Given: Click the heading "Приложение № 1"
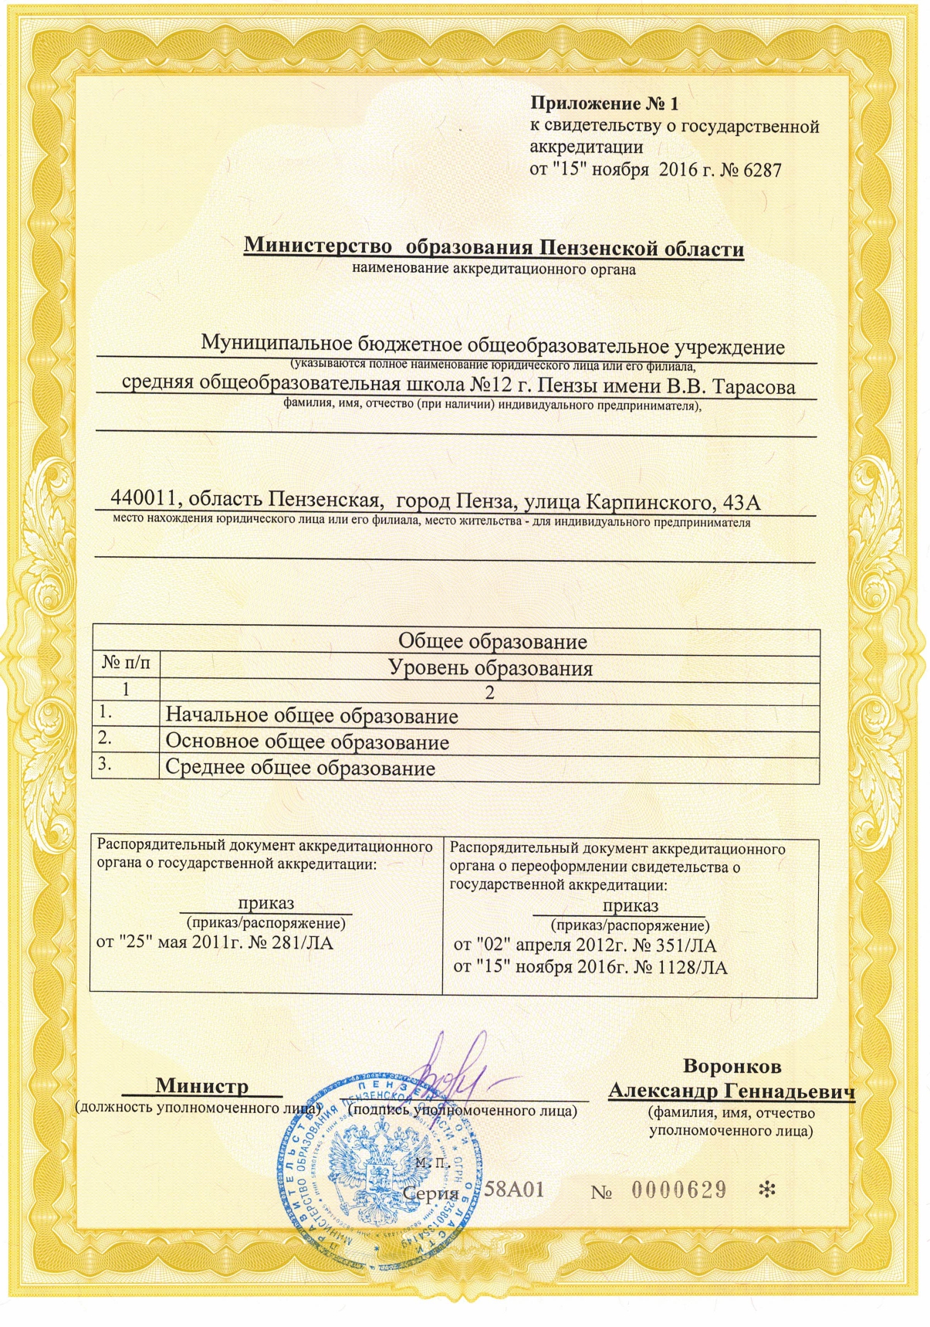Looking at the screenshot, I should (604, 104).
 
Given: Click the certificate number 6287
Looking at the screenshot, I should (762, 170).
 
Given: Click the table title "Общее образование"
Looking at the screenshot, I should (492, 641).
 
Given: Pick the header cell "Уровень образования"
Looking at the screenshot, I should (490, 668).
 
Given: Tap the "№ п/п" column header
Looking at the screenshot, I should (126, 663).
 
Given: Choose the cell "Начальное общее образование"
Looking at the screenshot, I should (312, 716).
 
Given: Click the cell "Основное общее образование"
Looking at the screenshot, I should (307, 742).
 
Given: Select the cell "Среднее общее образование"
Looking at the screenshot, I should (300, 769).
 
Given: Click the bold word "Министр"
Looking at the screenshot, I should (202, 1085).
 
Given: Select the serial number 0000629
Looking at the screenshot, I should (679, 1190).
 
